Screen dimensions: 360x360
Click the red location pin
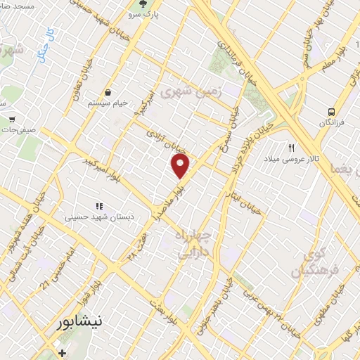click(x=181, y=167)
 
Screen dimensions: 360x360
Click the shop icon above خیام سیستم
click(x=109, y=92)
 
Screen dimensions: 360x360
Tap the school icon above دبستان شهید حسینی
click(x=100, y=206)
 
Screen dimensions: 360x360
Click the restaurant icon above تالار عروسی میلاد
click(x=291, y=148)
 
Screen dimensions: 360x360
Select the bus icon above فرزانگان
click(x=330, y=112)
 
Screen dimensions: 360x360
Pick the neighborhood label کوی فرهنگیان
click(x=314, y=263)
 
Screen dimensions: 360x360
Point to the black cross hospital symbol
click(x=62, y=352)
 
